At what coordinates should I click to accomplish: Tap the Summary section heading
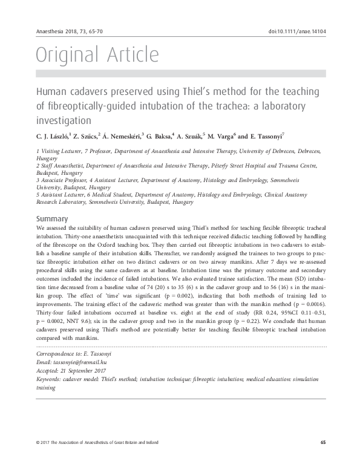pyautogui.click(x=53, y=218)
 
